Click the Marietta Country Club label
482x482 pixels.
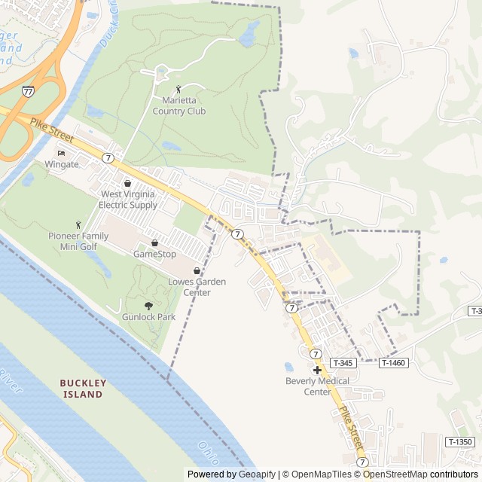click(x=178, y=106)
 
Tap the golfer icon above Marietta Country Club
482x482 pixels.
click(x=178, y=90)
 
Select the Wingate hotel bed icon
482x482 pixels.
click(x=62, y=153)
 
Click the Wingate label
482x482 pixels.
click(x=62, y=163)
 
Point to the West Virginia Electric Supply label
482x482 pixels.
click(x=129, y=199)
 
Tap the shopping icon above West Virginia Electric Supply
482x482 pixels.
click(x=127, y=183)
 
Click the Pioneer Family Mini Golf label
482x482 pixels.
click(x=78, y=241)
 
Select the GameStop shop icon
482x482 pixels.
click(x=154, y=243)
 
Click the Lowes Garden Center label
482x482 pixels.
click(x=197, y=287)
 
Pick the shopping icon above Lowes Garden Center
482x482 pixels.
click(x=197, y=271)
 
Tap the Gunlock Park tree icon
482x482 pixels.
click(x=148, y=306)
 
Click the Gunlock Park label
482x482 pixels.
click(x=148, y=317)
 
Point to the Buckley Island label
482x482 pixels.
click(x=83, y=389)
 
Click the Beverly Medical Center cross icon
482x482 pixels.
click(x=317, y=370)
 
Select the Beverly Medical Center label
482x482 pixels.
click(x=317, y=386)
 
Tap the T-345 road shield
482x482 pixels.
click(x=341, y=363)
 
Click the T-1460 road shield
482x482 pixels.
click(x=393, y=363)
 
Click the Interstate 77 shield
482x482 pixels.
click(x=28, y=91)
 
